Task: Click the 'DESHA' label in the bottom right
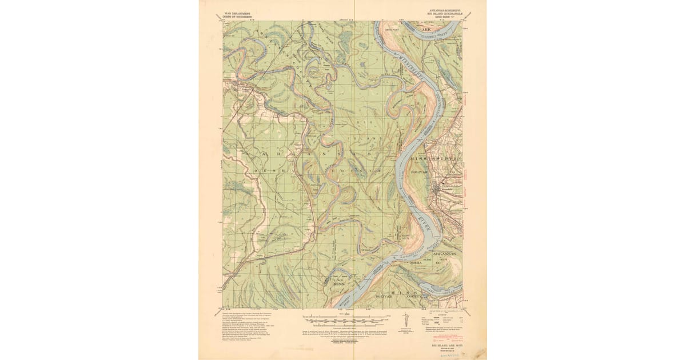pyautogui.click(x=414, y=262)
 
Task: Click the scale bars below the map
pyautogui.click(x=344, y=318)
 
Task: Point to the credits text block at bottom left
pyautogui.click(x=252, y=326)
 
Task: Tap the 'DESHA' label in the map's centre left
pyautogui.click(x=269, y=170)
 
